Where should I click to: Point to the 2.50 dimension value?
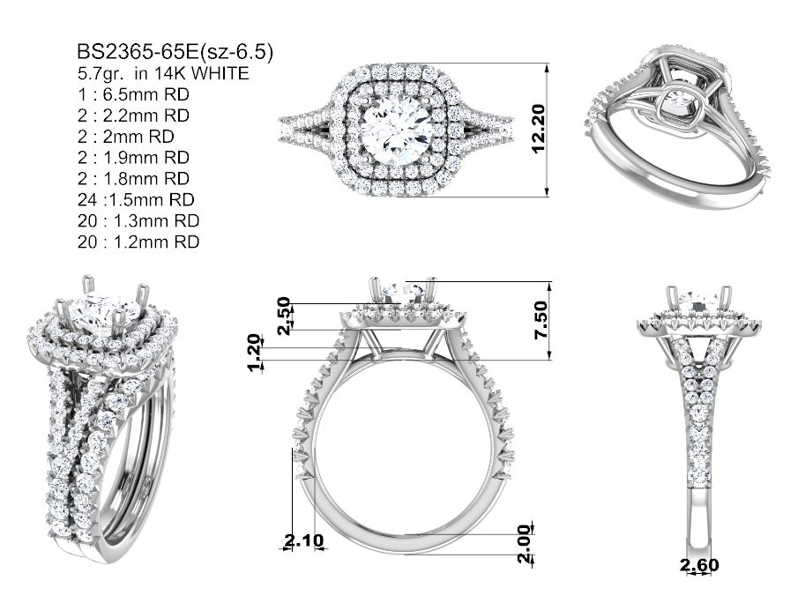pos(285,316)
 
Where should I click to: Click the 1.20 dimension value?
pos(256,354)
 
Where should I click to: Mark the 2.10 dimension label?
pos(304,540)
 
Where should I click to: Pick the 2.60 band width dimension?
pos(700,565)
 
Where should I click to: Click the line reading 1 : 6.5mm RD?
pos(133,94)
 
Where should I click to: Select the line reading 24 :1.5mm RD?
pos(136,199)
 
